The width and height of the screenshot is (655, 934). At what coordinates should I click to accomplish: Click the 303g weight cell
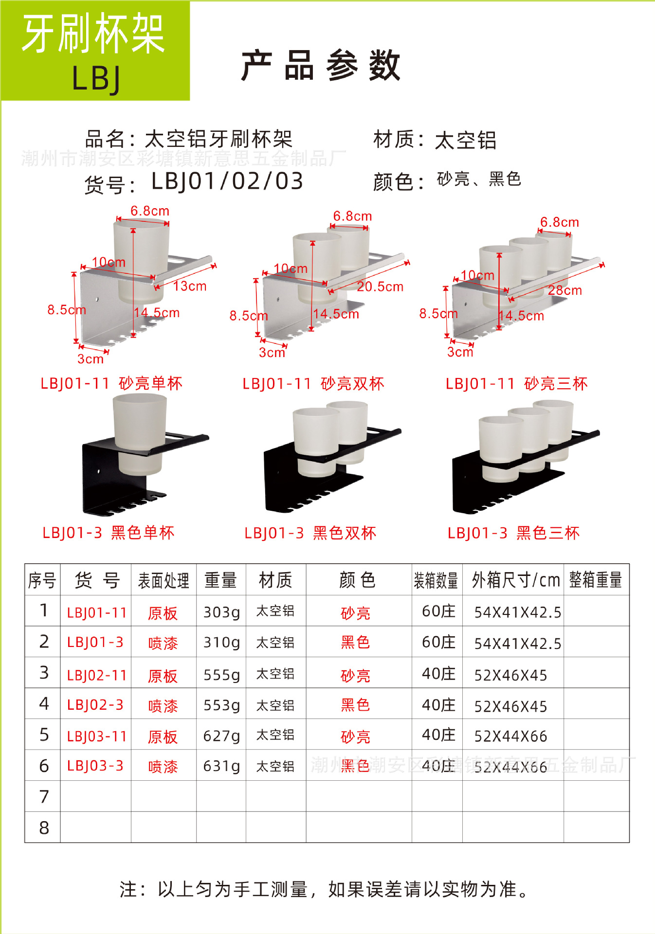[221, 612]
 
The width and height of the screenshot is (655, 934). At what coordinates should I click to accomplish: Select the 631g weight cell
[221, 766]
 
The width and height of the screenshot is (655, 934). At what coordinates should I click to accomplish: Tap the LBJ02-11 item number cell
[96, 675]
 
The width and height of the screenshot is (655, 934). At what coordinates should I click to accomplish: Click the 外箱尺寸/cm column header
[515, 580]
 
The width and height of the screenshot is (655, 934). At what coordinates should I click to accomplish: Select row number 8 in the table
[44, 827]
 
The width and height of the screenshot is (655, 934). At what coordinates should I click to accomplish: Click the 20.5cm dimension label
[380, 287]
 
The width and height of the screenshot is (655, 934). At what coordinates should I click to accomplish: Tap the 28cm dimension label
[564, 290]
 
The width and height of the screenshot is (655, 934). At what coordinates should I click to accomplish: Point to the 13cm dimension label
[190, 286]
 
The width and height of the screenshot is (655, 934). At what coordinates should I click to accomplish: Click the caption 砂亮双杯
[352, 384]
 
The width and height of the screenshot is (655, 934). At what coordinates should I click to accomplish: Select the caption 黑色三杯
[548, 533]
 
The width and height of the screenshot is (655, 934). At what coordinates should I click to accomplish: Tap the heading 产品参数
[321, 66]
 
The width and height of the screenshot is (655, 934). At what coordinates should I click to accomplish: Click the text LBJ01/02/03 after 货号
[227, 181]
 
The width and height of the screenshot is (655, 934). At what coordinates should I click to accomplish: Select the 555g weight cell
[221, 675]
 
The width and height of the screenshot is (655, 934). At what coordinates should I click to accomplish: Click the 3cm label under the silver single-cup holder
[91, 359]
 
